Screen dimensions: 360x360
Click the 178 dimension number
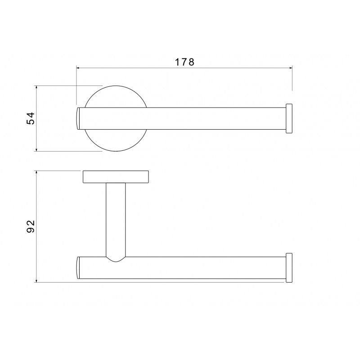tap(184, 62)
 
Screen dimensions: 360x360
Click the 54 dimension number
tap(31, 118)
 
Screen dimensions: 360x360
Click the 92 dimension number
tap(31, 226)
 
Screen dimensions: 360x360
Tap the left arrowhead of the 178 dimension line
tap(78, 68)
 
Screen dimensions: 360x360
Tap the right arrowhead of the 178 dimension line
tap(291, 68)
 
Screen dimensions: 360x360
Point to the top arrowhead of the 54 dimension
tap(36, 87)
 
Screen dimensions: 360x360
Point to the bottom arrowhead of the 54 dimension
tap(36, 150)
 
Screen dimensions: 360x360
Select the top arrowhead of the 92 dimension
tap(36, 172)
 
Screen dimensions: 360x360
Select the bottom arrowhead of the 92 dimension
tap(36, 280)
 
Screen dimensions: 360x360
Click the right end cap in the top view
tap(289, 118)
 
